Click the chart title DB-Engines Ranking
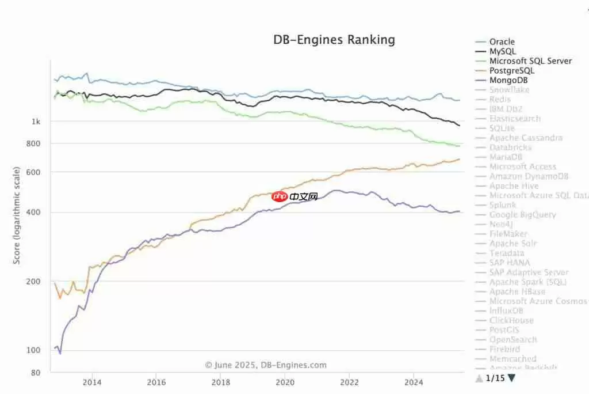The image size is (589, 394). [334, 40]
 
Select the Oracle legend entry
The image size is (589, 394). [502, 41]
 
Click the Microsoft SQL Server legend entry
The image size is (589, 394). [530, 61]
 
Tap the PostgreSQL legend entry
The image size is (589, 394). [511, 70]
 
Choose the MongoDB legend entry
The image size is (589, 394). [508, 80]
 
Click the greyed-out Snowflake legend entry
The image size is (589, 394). [509, 90]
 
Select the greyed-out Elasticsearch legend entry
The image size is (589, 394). [515, 119]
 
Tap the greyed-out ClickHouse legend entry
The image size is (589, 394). [511, 320]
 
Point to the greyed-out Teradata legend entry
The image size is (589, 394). [507, 253]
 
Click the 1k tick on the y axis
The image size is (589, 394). [36, 122]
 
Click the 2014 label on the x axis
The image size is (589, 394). [91, 382]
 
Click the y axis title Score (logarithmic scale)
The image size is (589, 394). [17, 215]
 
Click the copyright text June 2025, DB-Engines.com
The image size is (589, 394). [266, 365]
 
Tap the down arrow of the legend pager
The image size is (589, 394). [511, 378]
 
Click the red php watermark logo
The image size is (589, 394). [280, 196]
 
